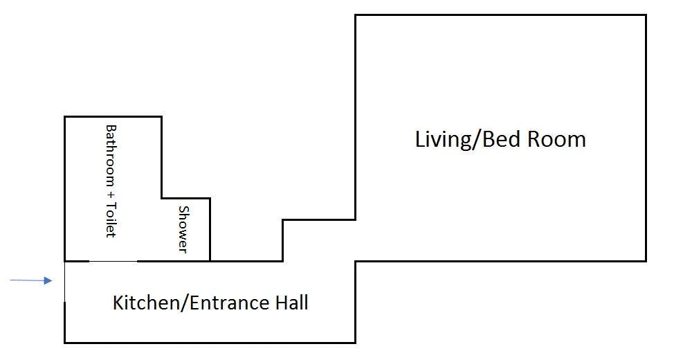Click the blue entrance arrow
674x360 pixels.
pos(31,280)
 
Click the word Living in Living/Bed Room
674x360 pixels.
pos(443,139)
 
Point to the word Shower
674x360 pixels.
pos(183,229)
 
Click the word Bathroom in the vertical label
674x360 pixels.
pos(111,155)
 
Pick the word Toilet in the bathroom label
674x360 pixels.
pos(111,219)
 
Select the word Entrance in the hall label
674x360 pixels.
pos(230,303)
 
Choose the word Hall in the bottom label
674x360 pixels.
pos(292,303)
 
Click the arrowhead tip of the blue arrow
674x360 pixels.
pos(53,280)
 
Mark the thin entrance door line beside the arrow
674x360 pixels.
pos(65,282)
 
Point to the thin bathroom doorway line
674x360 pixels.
pos(113,261)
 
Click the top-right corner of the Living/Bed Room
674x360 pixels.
pos(646,15)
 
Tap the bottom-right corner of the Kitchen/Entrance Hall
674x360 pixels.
pos(355,343)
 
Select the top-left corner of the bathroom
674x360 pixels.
pos(65,116)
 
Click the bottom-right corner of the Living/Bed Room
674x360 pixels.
pos(646,261)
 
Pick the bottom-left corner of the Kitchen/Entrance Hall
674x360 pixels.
pos(65,343)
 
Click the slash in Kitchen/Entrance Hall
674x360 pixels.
pos(186,303)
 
